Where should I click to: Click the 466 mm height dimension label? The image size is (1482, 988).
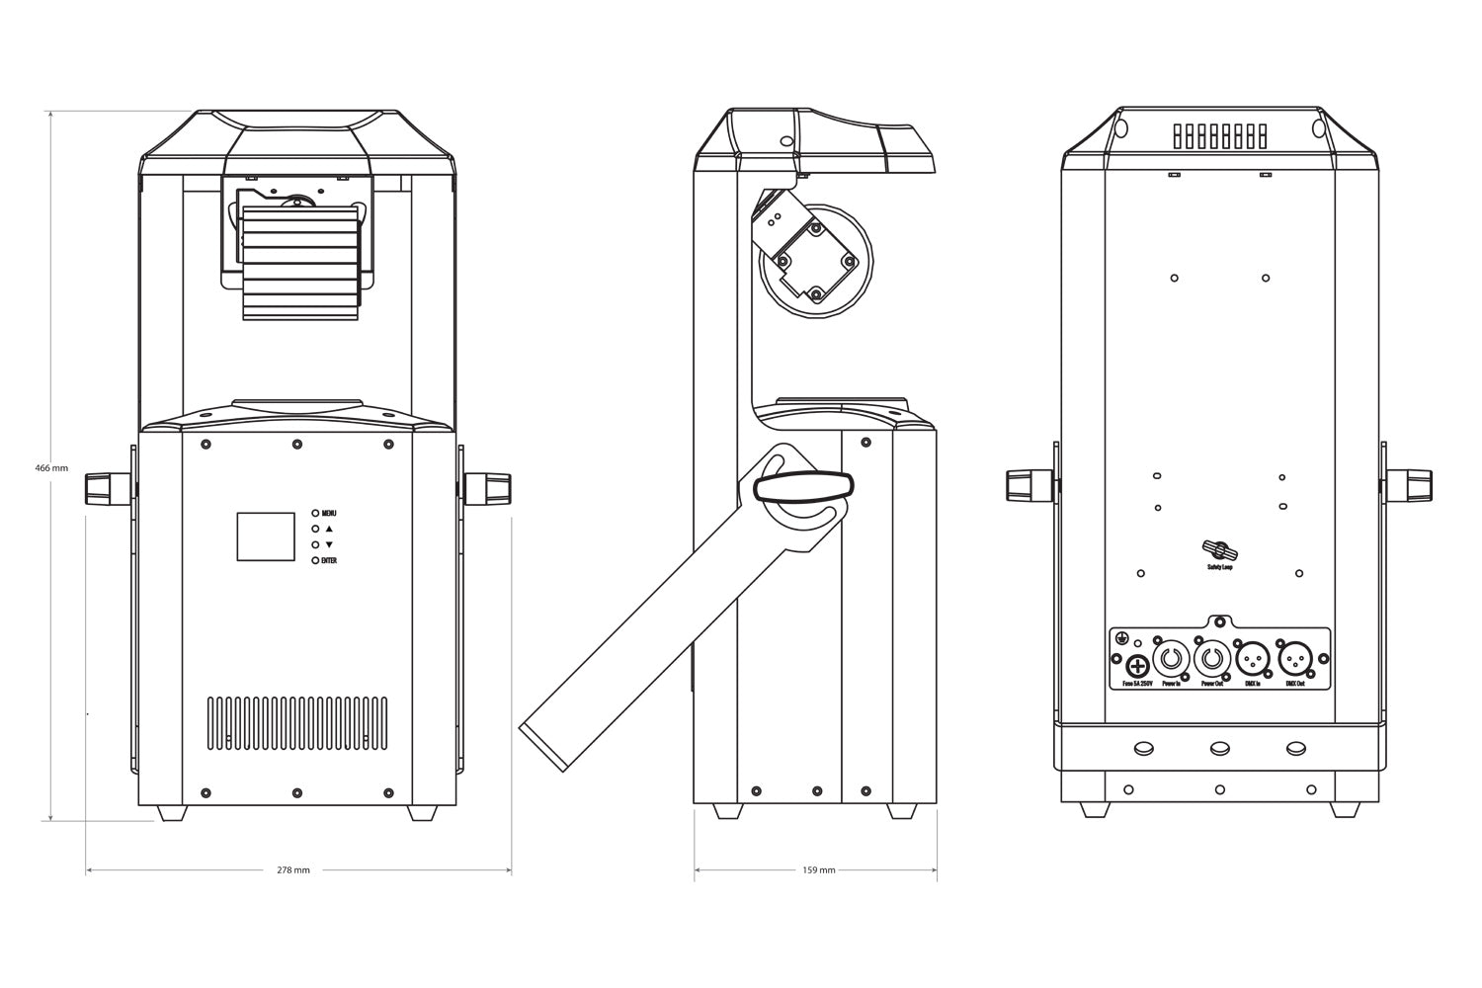tap(51, 468)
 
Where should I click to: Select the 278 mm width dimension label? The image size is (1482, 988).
tap(294, 870)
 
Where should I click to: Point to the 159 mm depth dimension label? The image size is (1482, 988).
tap(819, 870)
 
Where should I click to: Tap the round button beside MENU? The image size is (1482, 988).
tap(316, 514)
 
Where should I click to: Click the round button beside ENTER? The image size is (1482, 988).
tap(316, 560)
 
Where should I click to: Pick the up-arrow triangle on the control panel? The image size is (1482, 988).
tap(329, 530)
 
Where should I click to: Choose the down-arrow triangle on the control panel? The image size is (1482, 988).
tap(329, 545)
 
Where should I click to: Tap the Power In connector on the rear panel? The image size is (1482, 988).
tap(1172, 658)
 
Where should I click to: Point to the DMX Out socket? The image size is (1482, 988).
tap(1295, 658)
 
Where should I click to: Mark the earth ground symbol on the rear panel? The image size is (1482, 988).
tap(1122, 636)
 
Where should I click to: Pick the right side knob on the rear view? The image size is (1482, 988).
tap(1410, 486)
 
